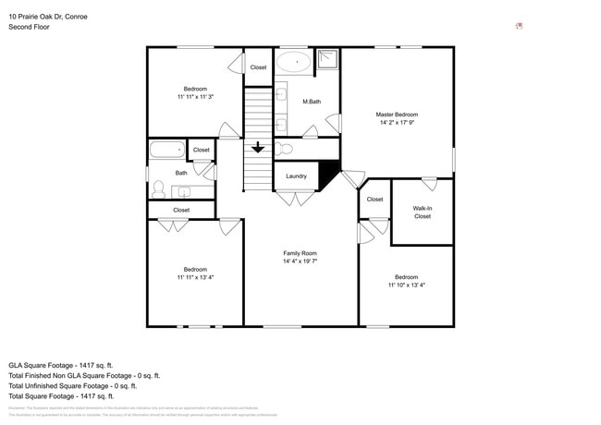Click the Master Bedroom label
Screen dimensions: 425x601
pos(397,114)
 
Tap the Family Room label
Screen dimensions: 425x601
pos(300,253)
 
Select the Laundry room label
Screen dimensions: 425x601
pos(296,176)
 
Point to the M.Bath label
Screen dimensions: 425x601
pos(312,102)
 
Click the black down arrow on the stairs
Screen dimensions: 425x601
pos(257,148)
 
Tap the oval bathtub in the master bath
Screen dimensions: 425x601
pos(295,63)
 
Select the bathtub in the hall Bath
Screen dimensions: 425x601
pos(167,149)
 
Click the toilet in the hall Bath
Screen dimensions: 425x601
pos(159,189)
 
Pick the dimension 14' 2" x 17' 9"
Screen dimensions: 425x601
pos(397,123)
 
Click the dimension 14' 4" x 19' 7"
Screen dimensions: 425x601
pos(300,261)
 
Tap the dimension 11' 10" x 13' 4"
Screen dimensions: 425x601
pos(406,285)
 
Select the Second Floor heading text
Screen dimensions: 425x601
pos(30,27)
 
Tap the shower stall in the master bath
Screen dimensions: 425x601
pos(328,61)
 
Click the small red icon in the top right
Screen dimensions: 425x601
pos(519,26)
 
